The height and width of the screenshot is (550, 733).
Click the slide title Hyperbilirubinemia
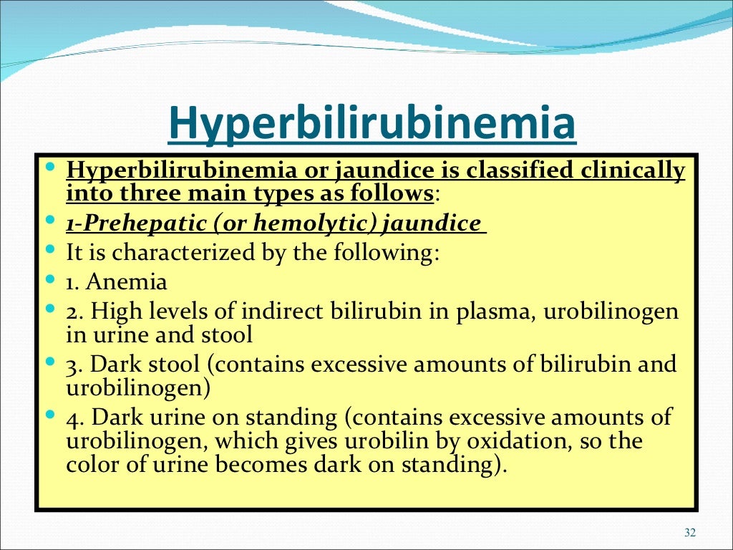372,122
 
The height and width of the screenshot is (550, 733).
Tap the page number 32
690,531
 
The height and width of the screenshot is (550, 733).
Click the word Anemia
127,282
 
